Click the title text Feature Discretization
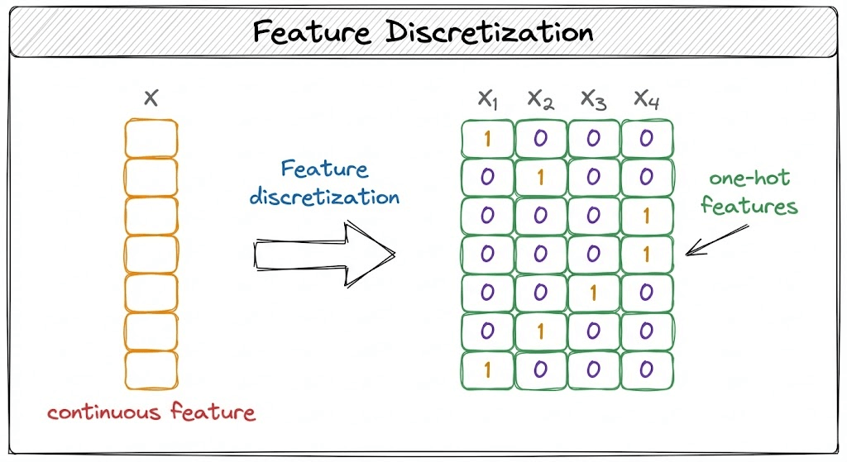click(423, 32)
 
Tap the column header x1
click(488, 100)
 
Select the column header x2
click(540, 100)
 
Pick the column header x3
click(593, 100)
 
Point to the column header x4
click(646, 100)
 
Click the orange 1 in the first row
click(487, 139)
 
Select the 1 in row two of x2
click(540, 178)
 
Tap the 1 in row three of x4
click(646, 216)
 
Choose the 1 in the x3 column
click(593, 293)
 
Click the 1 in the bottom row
click(487, 369)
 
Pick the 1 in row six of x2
click(540, 331)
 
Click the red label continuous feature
click(151, 412)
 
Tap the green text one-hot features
click(749, 193)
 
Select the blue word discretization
click(324, 197)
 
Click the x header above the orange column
click(151, 99)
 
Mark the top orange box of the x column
click(151, 138)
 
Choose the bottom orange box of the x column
click(151, 369)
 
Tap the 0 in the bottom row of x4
click(646, 369)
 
